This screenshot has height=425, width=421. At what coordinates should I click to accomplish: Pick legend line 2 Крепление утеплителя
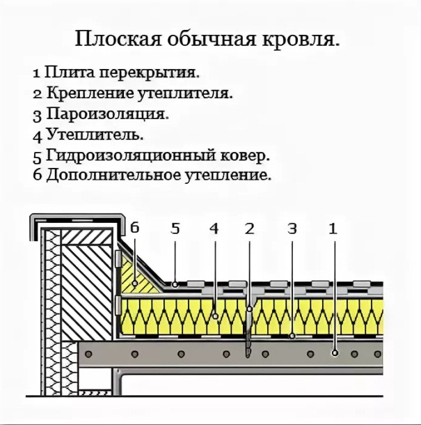click(132, 93)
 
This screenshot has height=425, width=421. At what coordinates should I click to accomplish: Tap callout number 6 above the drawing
click(134, 228)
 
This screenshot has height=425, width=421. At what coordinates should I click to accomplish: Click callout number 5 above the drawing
click(175, 228)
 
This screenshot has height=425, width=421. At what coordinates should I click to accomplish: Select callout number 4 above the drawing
click(214, 228)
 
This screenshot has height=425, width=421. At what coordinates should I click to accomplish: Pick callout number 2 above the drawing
click(250, 228)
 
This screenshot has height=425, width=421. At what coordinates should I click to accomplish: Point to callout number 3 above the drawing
click(292, 228)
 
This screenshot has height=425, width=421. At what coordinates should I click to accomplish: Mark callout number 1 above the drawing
click(333, 228)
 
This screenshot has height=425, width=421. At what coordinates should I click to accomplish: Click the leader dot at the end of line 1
click(335, 353)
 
